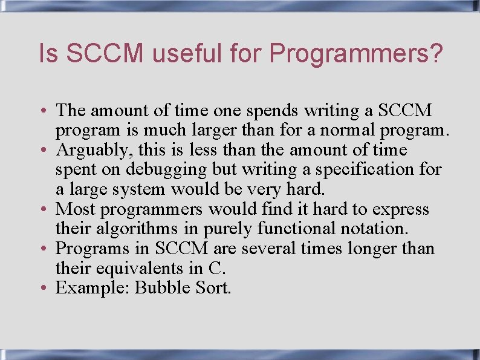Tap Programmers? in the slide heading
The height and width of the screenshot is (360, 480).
point(356,54)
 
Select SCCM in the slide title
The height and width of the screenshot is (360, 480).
point(106,54)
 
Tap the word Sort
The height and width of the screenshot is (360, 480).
point(213,288)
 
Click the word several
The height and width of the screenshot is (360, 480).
point(266,249)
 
